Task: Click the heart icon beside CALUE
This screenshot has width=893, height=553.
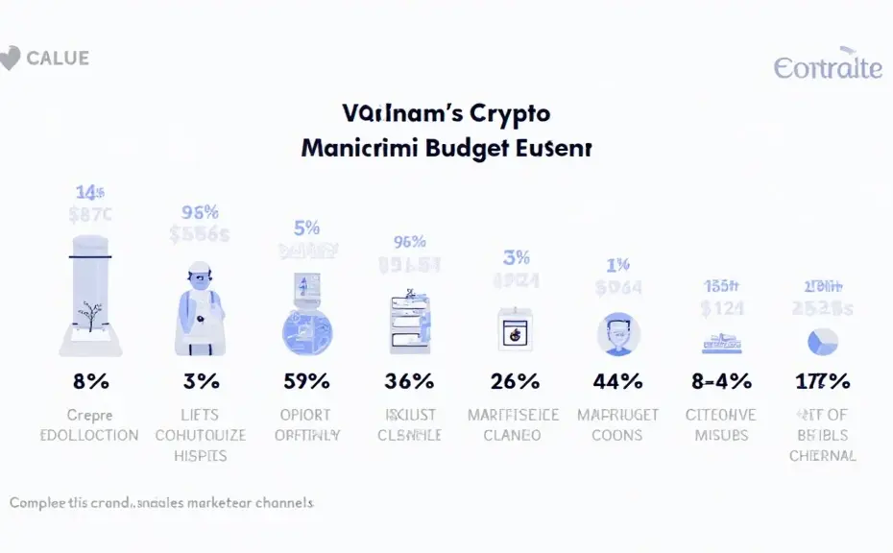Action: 10,59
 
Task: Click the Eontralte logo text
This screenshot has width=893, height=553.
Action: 827,67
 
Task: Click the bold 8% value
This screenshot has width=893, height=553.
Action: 91,381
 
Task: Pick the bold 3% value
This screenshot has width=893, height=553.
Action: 201,381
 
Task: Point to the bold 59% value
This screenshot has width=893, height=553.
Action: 307,381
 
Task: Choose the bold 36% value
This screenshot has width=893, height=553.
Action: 409,381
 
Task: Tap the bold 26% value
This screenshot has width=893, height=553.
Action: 516,381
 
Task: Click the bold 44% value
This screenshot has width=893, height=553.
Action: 617,381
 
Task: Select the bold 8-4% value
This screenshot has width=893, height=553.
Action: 721,381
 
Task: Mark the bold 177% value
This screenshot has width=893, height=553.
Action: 823,381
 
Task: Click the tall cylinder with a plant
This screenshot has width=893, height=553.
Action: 91,288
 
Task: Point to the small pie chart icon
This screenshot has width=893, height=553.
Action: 823,341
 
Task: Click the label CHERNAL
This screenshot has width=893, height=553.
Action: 823,455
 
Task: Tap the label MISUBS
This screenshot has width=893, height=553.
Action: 721,435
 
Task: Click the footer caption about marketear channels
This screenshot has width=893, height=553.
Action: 161,502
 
